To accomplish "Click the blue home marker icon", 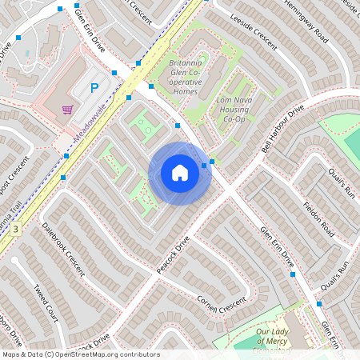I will [x=180, y=173].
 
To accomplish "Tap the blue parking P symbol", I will [x=94, y=88].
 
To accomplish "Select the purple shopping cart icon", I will [x=69, y=109].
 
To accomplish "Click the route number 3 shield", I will [x=14, y=229].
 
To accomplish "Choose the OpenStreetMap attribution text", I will [x=81, y=354].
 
